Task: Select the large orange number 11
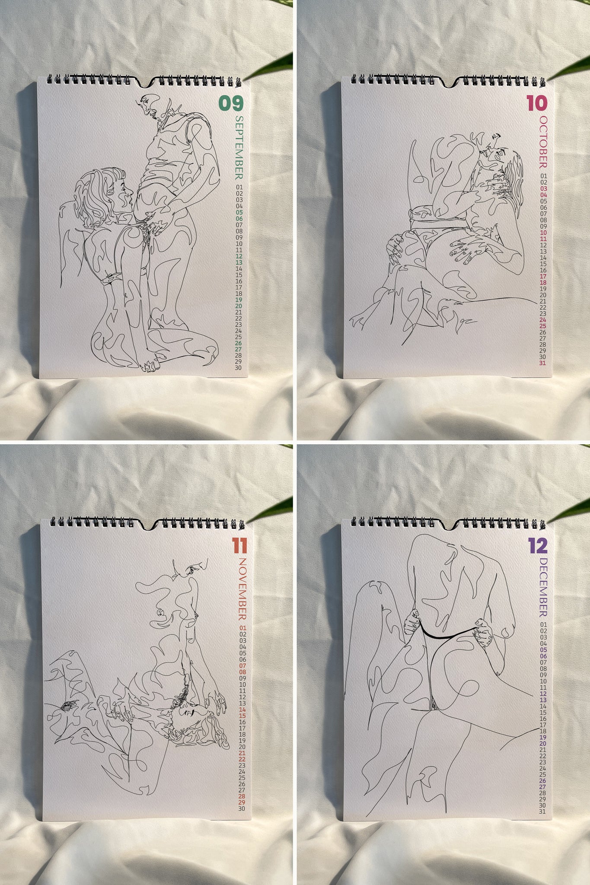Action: coord(239,546)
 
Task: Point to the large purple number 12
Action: coord(538,546)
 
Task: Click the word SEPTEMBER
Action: coord(239,147)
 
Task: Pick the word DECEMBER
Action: coord(543,587)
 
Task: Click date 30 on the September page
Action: coord(238,368)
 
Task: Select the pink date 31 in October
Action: coord(542,363)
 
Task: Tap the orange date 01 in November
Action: coord(242,628)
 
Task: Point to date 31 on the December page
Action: coord(543,812)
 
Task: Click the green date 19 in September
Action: coord(239,300)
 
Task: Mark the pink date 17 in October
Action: coord(543,276)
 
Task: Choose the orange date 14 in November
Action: coord(242,710)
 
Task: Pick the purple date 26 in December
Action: coord(543,780)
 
